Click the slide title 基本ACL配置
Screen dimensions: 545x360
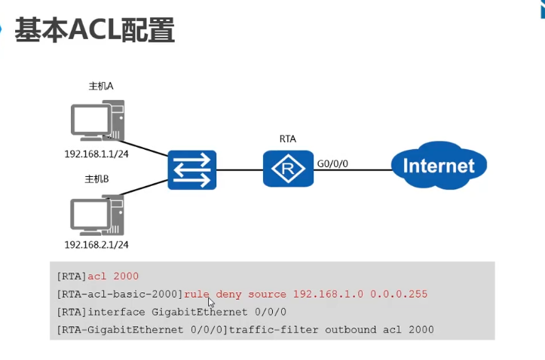(x=94, y=30)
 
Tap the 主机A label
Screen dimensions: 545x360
(x=101, y=86)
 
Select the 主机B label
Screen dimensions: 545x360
(x=96, y=179)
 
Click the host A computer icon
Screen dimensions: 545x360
(x=98, y=121)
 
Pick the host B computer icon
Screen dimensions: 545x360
(x=97, y=215)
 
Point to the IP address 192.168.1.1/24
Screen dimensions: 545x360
(x=96, y=154)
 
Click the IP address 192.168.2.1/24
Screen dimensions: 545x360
(x=96, y=245)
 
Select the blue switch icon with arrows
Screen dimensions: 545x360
(x=192, y=169)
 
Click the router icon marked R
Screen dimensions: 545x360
(x=288, y=169)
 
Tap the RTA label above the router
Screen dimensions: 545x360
(x=288, y=139)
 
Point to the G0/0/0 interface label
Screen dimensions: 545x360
(x=332, y=163)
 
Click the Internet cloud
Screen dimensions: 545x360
(x=439, y=166)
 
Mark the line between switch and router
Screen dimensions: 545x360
(x=240, y=170)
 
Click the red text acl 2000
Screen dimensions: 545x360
(x=113, y=276)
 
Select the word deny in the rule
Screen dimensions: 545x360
(x=228, y=294)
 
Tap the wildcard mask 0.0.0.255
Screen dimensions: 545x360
(x=399, y=294)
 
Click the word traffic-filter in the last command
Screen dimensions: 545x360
(x=274, y=330)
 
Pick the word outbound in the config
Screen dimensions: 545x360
(x=351, y=330)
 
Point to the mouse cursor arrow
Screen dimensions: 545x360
(x=211, y=302)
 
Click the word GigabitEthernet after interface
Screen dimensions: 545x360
(x=200, y=312)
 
